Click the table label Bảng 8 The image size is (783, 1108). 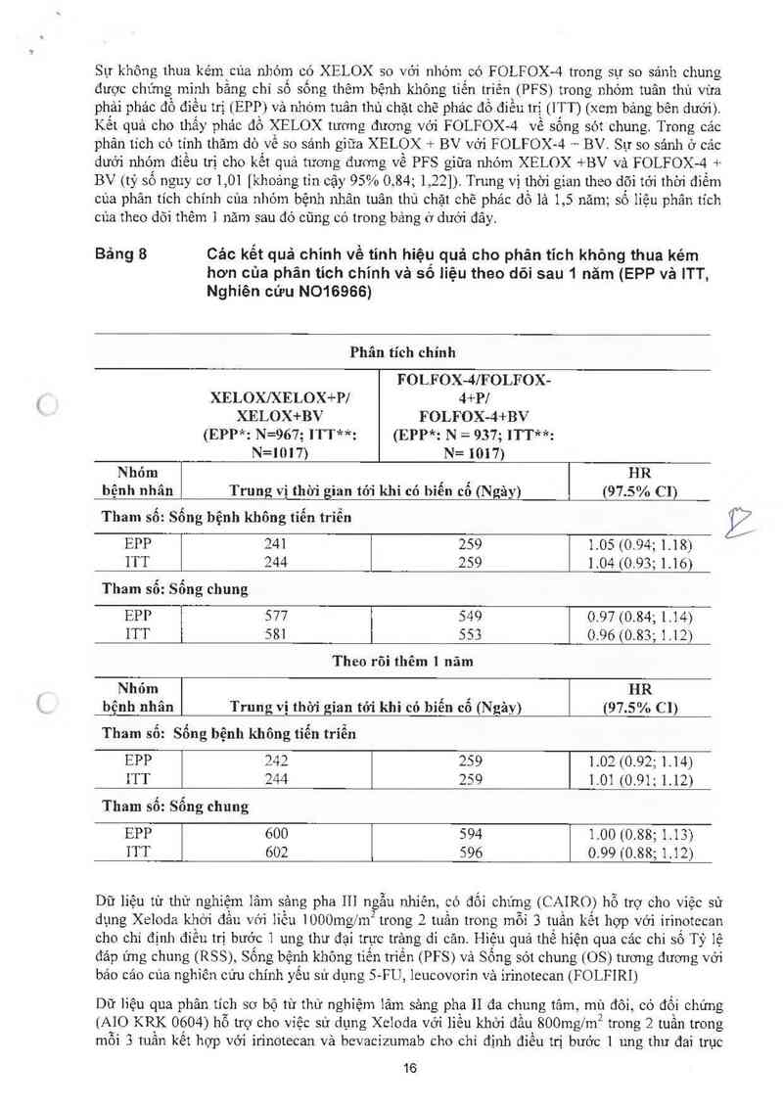pyautogui.click(x=120, y=252)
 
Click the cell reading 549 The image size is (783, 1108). pyautogui.click(x=472, y=617)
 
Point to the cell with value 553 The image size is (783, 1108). pyautogui.click(x=472, y=634)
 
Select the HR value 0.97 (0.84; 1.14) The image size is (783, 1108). pyautogui.click(x=640, y=617)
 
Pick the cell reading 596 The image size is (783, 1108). pyautogui.click(x=472, y=852)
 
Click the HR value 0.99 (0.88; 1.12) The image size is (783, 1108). pyautogui.click(x=640, y=853)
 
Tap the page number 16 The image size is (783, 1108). pyautogui.click(x=410, y=1068)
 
